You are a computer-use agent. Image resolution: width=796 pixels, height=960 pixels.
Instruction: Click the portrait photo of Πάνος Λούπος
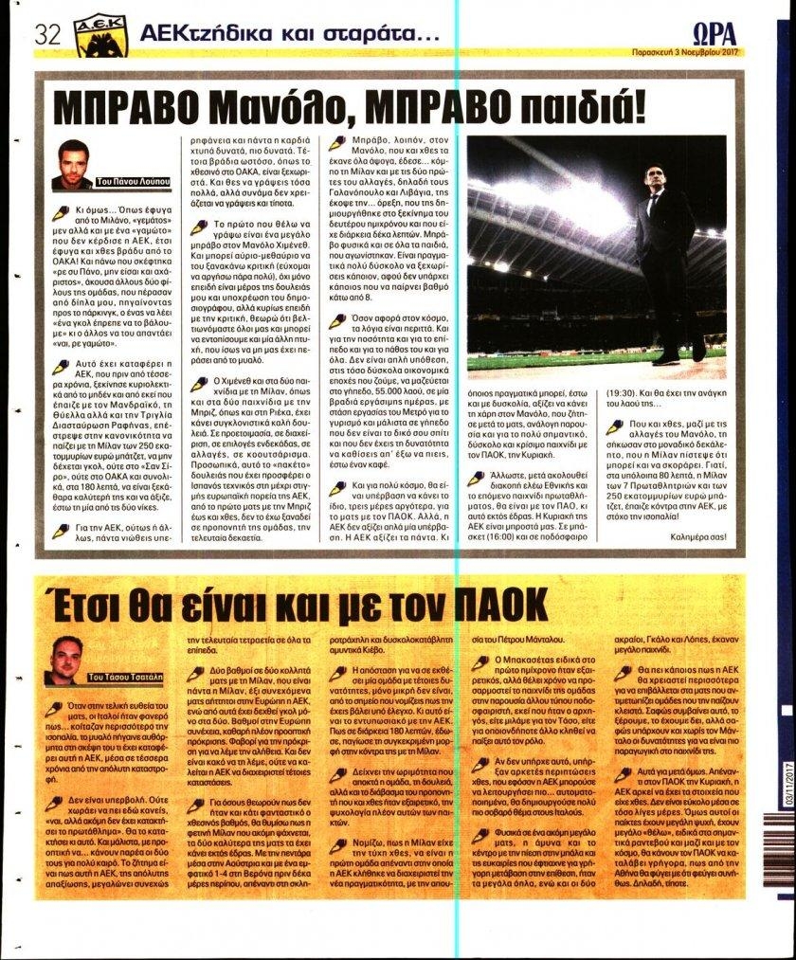(73, 164)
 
